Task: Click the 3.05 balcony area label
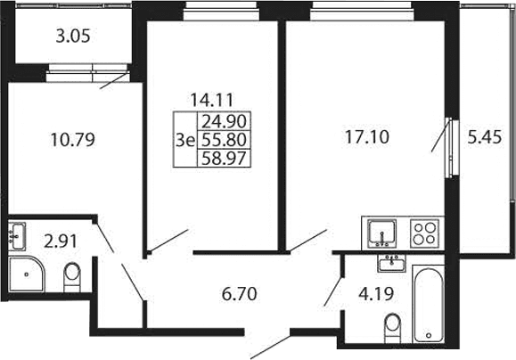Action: pyautogui.click(x=73, y=37)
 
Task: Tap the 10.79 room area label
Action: pyautogui.click(x=73, y=139)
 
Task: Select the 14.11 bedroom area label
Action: pyautogui.click(x=211, y=100)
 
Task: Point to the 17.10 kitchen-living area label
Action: pyautogui.click(x=367, y=137)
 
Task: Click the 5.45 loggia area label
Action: pyautogui.click(x=485, y=137)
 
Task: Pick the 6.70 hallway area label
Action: pyautogui.click(x=239, y=294)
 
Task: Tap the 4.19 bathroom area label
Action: pyautogui.click(x=376, y=294)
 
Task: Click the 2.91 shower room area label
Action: pyautogui.click(x=61, y=241)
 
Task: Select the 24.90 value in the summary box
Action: pyautogui.click(x=224, y=122)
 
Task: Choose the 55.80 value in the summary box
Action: pyautogui.click(x=224, y=140)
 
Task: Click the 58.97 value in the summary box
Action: pyautogui.click(x=224, y=159)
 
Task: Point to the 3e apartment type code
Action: pyautogui.click(x=185, y=141)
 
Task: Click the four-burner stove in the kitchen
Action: pyautogui.click(x=424, y=233)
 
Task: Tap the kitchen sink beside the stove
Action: pyautogui.click(x=381, y=233)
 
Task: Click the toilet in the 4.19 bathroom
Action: pyautogui.click(x=393, y=328)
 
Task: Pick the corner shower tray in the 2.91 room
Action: pyautogui.click(x=26, y=274)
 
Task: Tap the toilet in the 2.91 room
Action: pyautogui.click(x=72, y=276)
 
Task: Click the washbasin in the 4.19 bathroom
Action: pyautogui.click(x=391, y=263)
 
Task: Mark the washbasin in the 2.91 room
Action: pyautogui.click(x=17, y=236)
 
